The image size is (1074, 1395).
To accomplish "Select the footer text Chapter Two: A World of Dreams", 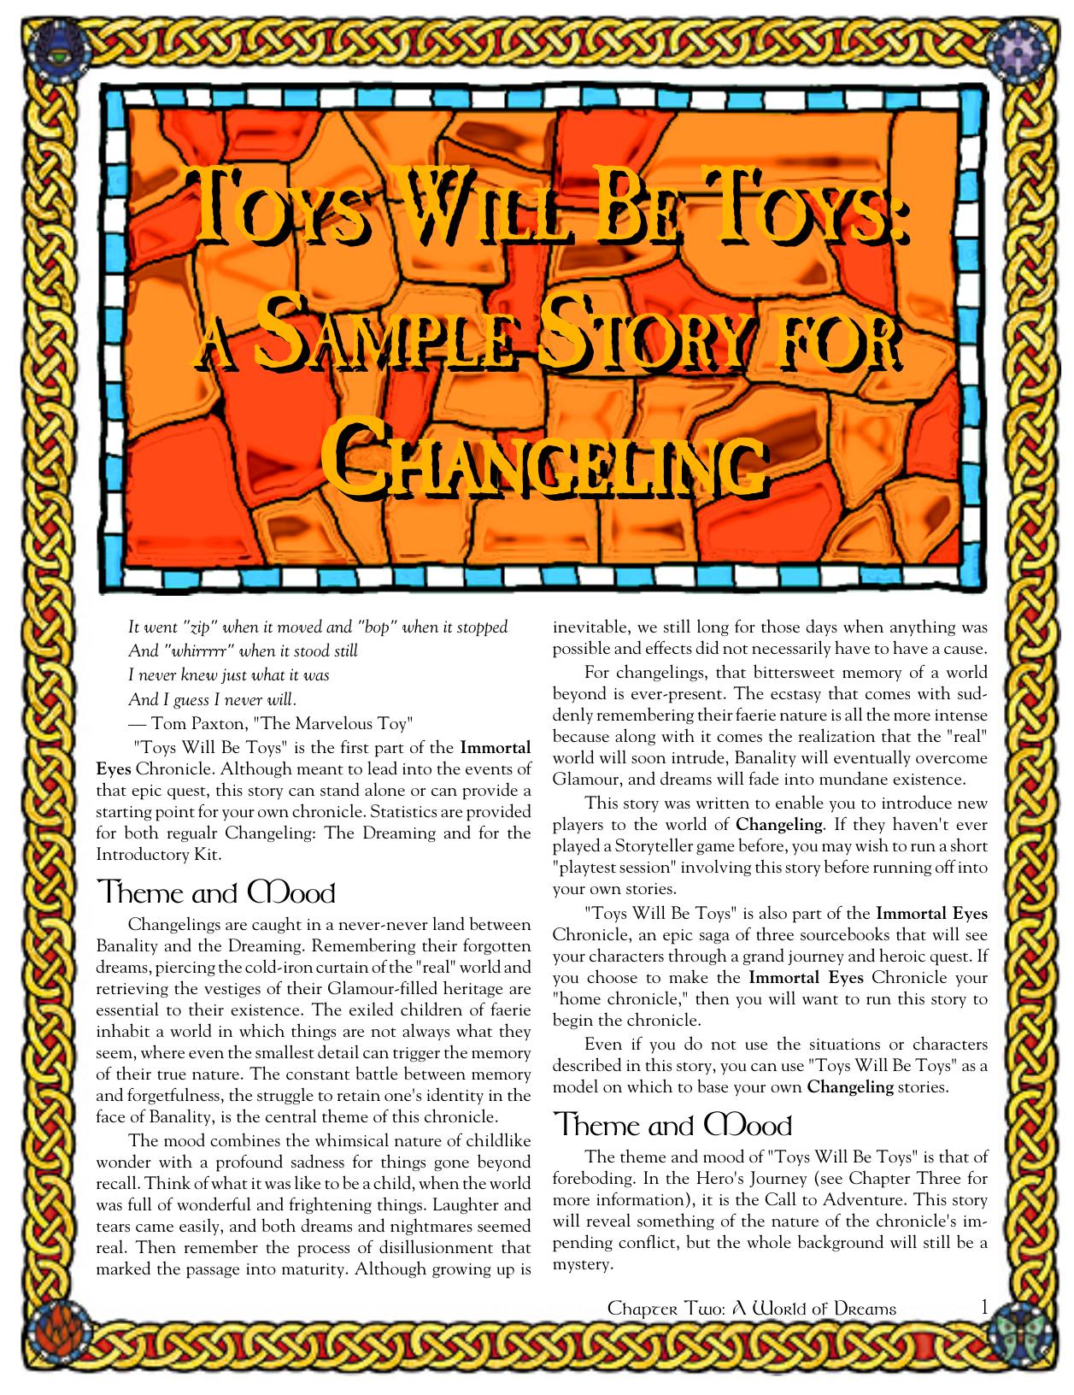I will pos(751,1309).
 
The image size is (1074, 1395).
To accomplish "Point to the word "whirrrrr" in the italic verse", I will pos(197,651).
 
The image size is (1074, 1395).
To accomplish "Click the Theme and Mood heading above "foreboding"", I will pos(672,1125).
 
